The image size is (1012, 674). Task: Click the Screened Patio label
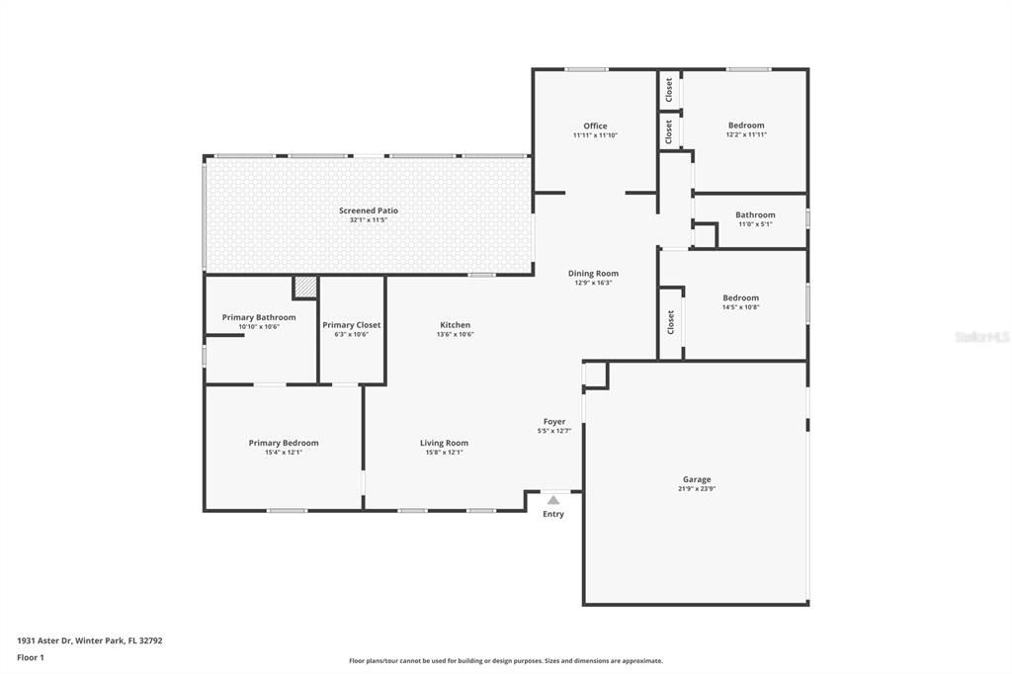pyautogui.click(x=369, y=211)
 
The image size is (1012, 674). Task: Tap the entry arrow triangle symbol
pyautogui.click(x=553, y=501)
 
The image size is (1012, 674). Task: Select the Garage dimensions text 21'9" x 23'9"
pyautogui.click(x=697, y=488)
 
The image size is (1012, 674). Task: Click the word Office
pyautogui.click(x=595, y=126)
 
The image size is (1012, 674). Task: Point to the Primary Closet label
pyautogui.click(x=351, y=325)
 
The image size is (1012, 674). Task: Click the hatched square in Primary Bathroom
pyautogui.click(x=305, y=287)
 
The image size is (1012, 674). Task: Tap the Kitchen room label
pyautogui.click(x=455, y=325)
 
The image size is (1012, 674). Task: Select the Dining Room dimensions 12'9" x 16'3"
pyautogui.click(x=593, y=283)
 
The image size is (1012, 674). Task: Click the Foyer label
pyautogui.click(x=553, y=421)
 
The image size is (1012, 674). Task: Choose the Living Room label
pyautogui.click(x=444, y=443)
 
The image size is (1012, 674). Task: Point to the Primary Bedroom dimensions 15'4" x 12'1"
pyautogui.click(x=284, y=453)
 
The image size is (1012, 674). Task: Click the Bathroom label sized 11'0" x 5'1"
pyautogui.click(x=755, y=214)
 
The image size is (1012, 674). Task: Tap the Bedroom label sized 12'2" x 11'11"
pyautogui.click(x=746, y=126)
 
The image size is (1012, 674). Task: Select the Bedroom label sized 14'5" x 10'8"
pyautogui.click(x=740, y=297)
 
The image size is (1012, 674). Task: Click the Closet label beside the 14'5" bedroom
pyautogui.click(x=670, y=321)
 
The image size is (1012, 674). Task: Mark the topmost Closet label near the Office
pyautogui.click(x=669, y=90)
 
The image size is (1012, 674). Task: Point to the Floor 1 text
pyautogui.click(x=31, y=657)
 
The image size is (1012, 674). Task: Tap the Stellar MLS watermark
pyautogui.click(x=980, y=337)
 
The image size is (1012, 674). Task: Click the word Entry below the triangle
pyautogui.click(x=553, y=514)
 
